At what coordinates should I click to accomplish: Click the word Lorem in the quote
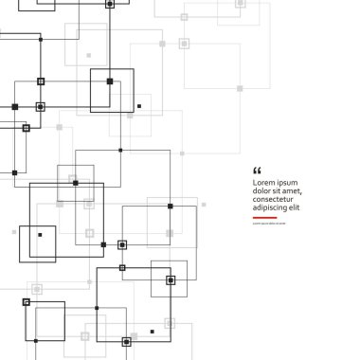click(x=263, y=182)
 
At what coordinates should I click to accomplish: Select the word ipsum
click(x=285, y=182)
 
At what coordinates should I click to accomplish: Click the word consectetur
click(x=277, y=201)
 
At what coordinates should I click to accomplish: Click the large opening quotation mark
click(x=257, y=170)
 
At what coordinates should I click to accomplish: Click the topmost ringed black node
click(x=109, y=4)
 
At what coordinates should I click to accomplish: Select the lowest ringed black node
click(x=124, y=338)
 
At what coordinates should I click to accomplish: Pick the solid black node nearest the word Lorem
click(x=171, y=206)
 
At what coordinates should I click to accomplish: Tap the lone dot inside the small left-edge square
click(x=40, y=234)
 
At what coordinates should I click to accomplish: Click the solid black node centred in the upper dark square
click(x=110, y=81)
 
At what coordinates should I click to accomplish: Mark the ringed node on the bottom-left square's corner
click(x=27, y=301)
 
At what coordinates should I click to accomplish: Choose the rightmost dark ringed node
click(x=171, y=279)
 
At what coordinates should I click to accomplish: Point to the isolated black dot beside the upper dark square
click(x=138, y=105)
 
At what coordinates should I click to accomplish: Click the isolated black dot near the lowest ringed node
click(x=152, y=332)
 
